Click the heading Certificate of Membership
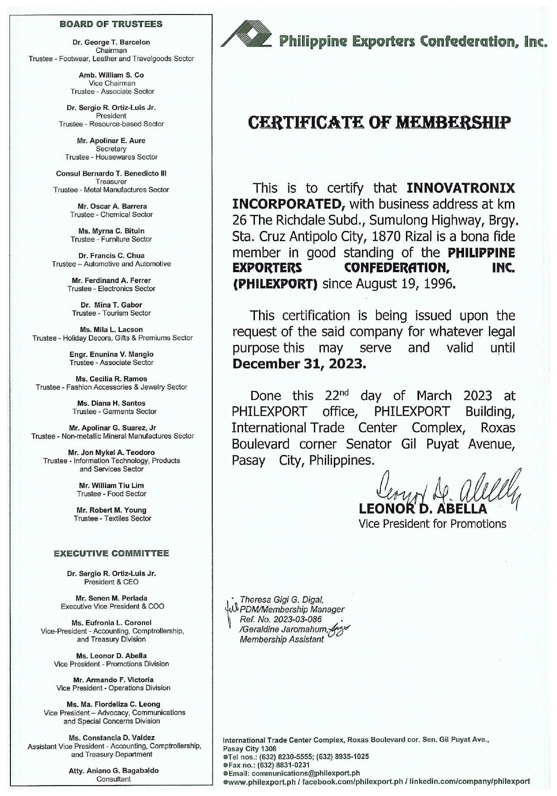379,122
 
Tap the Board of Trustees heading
111,24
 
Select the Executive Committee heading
111,553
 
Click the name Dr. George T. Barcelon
111,42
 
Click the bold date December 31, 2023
298,364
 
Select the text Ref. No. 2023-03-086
281,620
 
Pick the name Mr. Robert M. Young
112,510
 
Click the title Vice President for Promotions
432,524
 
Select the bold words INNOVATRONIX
460,188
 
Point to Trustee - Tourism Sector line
111,313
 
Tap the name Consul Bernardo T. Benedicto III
111,173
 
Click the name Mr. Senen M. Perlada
112,598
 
